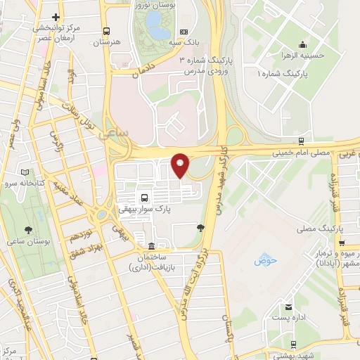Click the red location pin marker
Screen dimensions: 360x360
181,165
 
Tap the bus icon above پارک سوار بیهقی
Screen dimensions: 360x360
144,198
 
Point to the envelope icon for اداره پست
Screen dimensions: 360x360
289,307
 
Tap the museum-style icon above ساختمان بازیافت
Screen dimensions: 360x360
153,247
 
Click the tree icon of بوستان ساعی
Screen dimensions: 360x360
29,230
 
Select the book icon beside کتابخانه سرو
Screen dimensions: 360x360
26,172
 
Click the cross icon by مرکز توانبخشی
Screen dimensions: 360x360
56,16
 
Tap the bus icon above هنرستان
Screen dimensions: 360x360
106,31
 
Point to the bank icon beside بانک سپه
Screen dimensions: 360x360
184,31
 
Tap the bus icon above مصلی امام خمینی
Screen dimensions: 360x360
302,141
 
